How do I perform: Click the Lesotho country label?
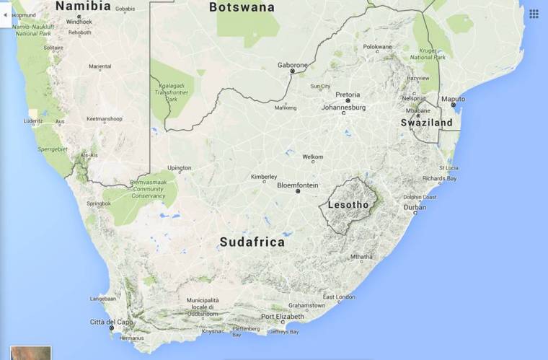[348, 205]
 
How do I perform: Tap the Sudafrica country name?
[252, 242]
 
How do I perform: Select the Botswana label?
[242, 7]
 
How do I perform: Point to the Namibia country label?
[83, 6]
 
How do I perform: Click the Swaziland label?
[427, 123]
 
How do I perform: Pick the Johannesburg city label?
[343, 107]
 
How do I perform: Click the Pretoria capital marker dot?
[348, 101]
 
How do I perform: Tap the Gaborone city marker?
[292, 71]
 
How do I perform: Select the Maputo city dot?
[454, 105]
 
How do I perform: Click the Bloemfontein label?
[297, 185]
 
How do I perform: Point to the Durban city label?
[415, 207]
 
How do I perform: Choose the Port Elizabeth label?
[283, 317]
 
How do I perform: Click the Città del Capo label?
[112, 321]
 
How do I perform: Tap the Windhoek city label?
[79, 22]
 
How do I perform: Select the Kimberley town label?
[263, 177]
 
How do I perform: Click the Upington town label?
[180, 168]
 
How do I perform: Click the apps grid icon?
[534, 14]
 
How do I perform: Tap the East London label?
[338, 297]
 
